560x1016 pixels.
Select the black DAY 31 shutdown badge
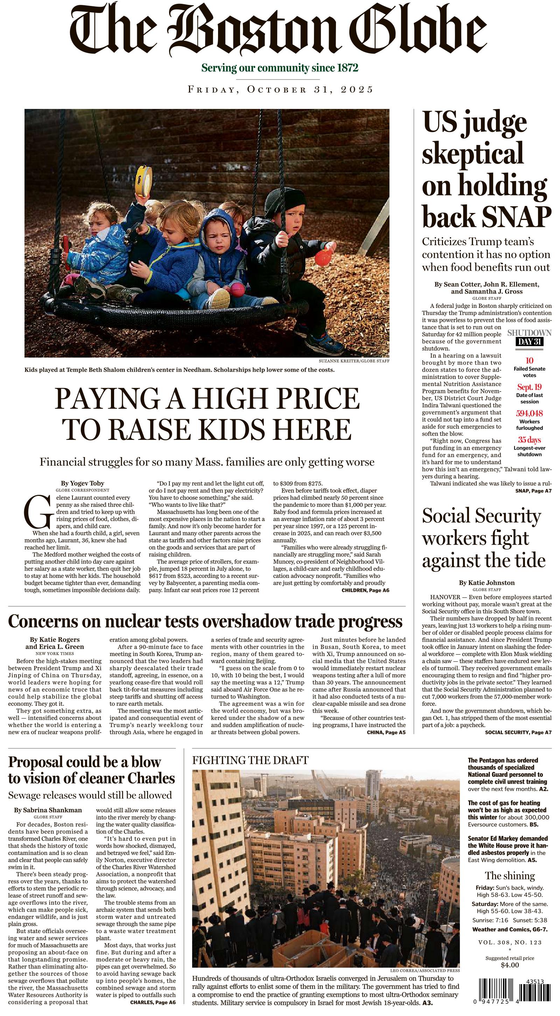529,341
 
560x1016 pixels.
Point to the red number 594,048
529,413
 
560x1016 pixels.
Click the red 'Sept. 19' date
529,387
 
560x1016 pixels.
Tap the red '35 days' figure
529,440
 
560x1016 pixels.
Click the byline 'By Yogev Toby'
82,483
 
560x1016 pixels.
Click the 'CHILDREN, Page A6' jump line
365,590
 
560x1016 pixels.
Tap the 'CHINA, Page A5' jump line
386,732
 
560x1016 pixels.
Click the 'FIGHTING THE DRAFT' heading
250,760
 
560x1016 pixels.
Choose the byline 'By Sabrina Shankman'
48,810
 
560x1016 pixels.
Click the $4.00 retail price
510,965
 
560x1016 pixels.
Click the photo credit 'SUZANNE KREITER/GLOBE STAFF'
354,361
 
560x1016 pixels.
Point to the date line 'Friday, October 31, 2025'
280,90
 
